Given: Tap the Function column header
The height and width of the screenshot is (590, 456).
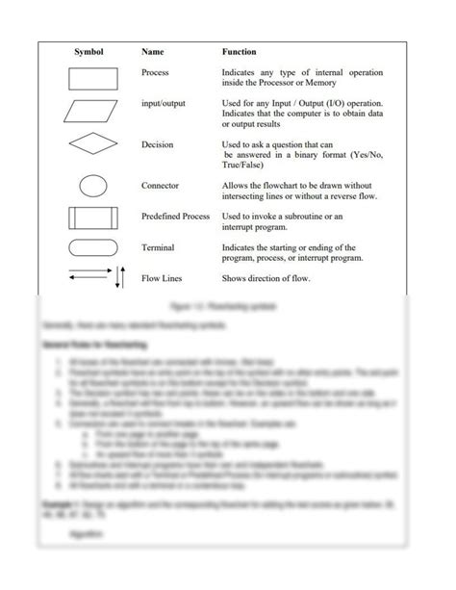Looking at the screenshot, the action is (x=240, y=51).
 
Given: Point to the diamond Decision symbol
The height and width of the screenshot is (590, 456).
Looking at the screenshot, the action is (x=93, y=145).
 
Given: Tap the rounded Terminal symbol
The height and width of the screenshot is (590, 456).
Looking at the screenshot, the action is (x=93, y=248).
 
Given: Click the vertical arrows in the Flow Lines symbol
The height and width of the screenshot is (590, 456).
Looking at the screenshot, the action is (x=119, y=278).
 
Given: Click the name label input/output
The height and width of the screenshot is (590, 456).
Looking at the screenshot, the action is (x=165, y=104).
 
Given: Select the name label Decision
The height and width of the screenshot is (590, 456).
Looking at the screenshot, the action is (x=157, y=144).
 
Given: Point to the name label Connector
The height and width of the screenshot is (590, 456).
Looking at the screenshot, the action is (x=160, y=186).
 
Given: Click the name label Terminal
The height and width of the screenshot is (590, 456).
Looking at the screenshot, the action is (x=158, y=247).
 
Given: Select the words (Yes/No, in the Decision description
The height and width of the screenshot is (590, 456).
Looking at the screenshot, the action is (x=361, y=155).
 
